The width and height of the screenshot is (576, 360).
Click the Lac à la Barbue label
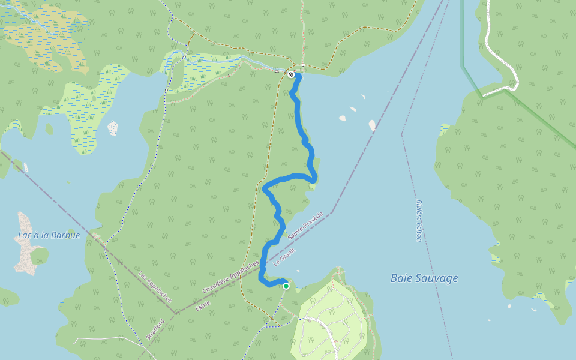click(x=49, y=235)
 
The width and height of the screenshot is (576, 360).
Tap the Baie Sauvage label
click(x=424, y=278)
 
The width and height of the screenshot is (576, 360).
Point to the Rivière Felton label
click(x=419, y=221)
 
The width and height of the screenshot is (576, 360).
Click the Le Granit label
click(x=284, y=257)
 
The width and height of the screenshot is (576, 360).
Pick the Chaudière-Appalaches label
click(x=230, y=277)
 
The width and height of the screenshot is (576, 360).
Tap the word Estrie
click(x=202, y=306)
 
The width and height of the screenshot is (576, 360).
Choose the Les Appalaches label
click(x=155, y=287)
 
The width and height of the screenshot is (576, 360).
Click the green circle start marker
click(x=286, y=286)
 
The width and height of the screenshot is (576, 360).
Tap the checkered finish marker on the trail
click(x=291, y=74)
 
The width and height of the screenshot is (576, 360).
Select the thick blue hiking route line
click(x=299, y=120)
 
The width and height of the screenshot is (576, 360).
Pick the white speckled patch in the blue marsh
click(x=112, y=128)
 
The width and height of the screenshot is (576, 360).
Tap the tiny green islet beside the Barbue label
click(x=40, y=256)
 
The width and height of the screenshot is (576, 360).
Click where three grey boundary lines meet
click(x=175, y=313)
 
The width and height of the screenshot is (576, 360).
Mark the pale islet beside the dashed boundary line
click(x=372, y=125)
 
